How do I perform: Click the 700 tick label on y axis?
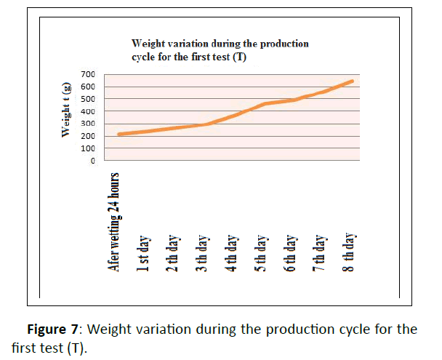[x=87, y=75]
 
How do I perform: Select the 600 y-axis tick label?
[x=87, y=87]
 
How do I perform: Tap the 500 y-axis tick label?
[x=87, y=100]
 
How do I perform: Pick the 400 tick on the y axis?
[x=87, y=112]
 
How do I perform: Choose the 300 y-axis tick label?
[x=87, y=124]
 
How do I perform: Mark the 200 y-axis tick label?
[x=87, y=137]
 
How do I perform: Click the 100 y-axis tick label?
[x=87, y=149]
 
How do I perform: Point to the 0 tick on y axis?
[x=92, y=161]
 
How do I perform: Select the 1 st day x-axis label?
[x=145, y=252]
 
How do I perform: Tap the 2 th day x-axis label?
[x=174, y=252]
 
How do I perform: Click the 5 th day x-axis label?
[x=261, y=252]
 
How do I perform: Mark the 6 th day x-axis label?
[x=290, y=252]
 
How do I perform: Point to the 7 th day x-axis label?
[x=320, y=252]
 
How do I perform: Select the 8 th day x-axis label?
[x=349, y=252]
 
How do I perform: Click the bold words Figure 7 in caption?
[x=55, y=329]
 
